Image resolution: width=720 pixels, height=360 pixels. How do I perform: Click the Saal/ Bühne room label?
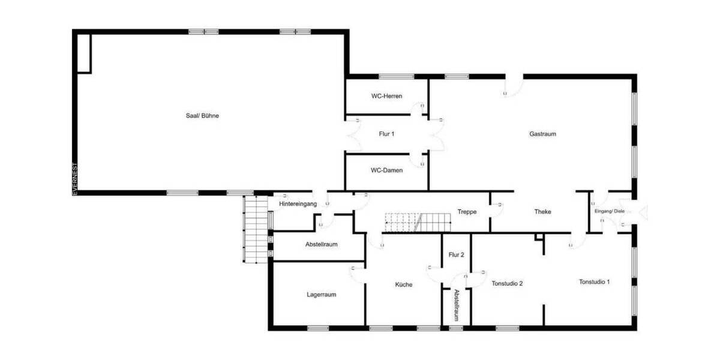202,116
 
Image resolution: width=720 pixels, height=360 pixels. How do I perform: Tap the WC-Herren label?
386,96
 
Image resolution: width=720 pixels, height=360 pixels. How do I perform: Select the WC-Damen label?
386,170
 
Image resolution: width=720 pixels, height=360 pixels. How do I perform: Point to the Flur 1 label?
386,134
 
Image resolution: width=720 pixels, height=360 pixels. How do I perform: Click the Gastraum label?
542,134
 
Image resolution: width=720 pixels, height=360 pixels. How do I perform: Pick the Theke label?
542,212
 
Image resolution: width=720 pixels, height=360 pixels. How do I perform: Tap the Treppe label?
467,212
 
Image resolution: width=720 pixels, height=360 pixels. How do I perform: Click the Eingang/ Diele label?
609,211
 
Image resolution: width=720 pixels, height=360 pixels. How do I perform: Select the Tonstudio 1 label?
594,281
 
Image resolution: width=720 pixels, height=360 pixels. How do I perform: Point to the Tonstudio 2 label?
508,284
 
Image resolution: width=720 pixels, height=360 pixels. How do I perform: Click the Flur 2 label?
456,255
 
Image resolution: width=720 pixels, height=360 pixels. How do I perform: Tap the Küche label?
403,284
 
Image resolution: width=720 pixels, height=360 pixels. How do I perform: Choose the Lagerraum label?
321,295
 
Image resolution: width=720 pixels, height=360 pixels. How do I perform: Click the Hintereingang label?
298,204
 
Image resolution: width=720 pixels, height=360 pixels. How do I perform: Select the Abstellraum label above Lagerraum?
321,245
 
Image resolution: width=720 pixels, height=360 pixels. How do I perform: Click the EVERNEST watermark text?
75,178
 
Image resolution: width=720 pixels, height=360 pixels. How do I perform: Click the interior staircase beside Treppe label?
418,222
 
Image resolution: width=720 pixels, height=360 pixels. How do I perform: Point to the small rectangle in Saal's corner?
83,53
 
